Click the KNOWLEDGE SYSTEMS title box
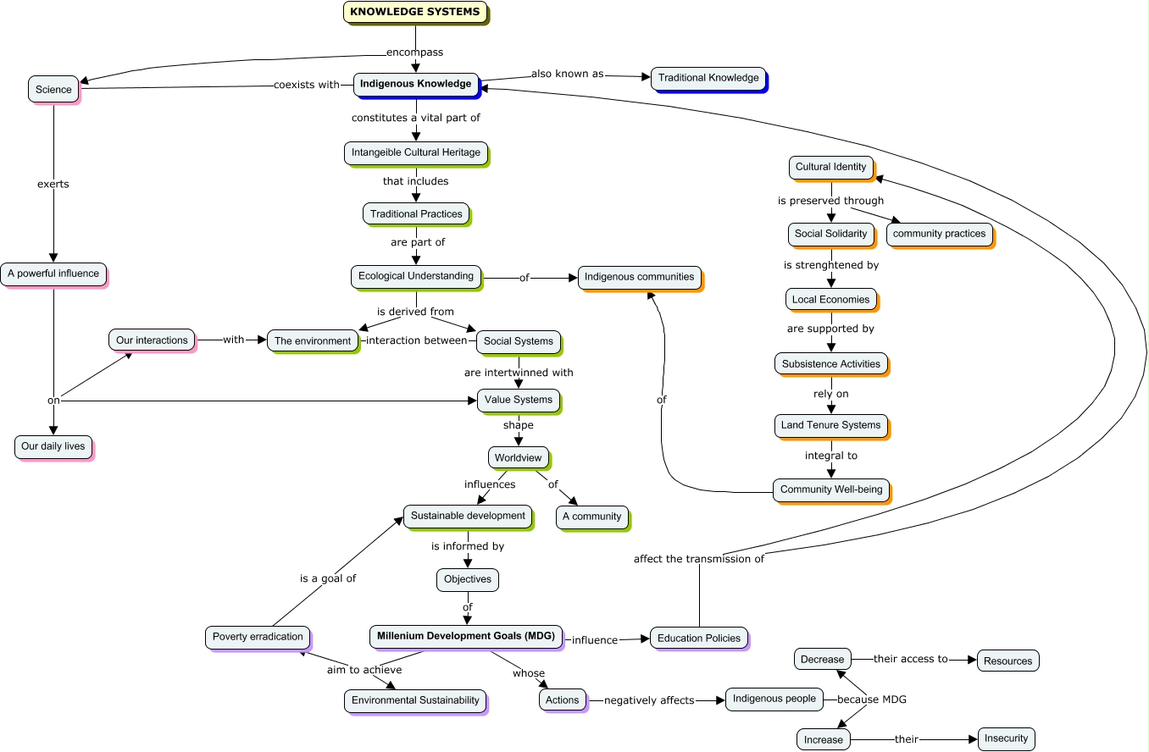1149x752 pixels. [x=415, y=12]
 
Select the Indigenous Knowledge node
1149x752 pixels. [x=415, y=84]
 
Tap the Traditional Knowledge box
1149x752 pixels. [x=708, y=78]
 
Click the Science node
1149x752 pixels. [x=53, y=89]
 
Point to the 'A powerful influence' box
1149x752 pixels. [x=53, y=274]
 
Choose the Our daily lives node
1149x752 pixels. [x=53, y=446]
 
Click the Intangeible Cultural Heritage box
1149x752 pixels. [x=416, y=152]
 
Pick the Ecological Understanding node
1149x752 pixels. [x=416, y=276]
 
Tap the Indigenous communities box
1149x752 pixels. [x=640, y=277]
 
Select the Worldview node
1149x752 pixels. [x=519, y=457]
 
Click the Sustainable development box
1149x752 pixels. [x=468, y=515]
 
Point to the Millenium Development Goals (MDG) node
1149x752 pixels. [x=466, y=636]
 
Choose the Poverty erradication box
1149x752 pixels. [x=258, y=637]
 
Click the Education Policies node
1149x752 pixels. [x=699, y=638]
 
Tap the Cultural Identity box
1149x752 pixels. [x=830, y=167]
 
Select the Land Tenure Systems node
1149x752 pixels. [x=830, y=425]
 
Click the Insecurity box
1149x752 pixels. [x=1006, y=738]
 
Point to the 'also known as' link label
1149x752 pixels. [x=568, y=74]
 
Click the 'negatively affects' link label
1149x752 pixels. [x=649, y=700]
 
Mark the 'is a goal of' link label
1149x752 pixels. [x=328, y=578]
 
